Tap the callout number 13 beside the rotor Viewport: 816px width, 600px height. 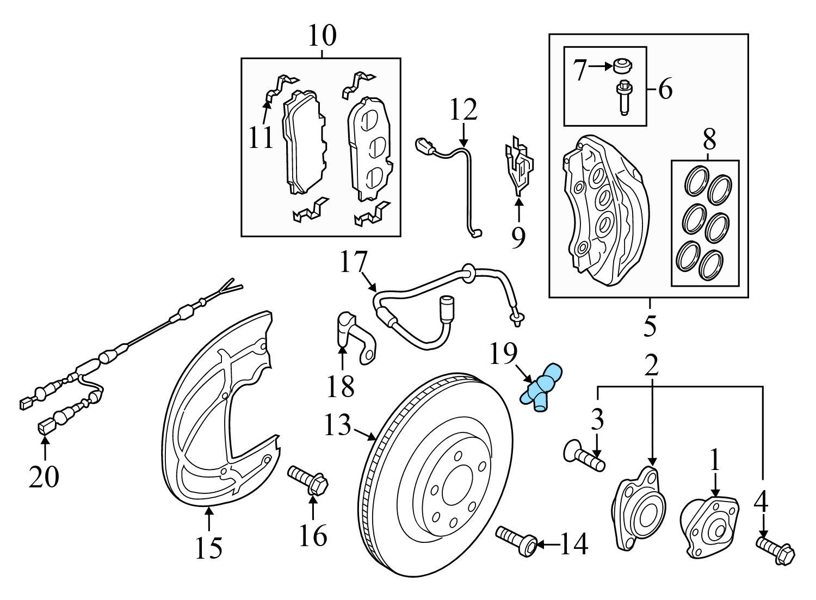pos(337,425)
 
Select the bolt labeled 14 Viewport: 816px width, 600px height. pos(517,541)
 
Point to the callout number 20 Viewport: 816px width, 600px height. pos(44,477)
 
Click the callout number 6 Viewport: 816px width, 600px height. pos(665,89)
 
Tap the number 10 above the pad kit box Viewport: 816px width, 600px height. pos(322,36)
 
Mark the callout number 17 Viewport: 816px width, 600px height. pos(354,262)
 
